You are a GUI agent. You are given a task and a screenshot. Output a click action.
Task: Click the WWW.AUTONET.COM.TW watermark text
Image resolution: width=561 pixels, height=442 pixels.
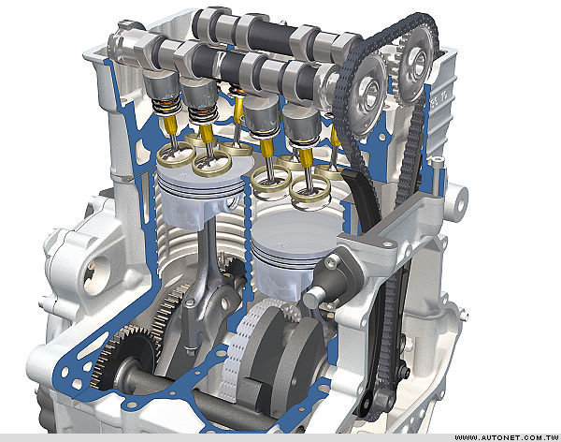506,437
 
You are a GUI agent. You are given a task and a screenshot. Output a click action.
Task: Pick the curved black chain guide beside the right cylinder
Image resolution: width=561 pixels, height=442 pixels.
361,200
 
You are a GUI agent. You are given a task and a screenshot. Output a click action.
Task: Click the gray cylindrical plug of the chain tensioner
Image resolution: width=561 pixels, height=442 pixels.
314,297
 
